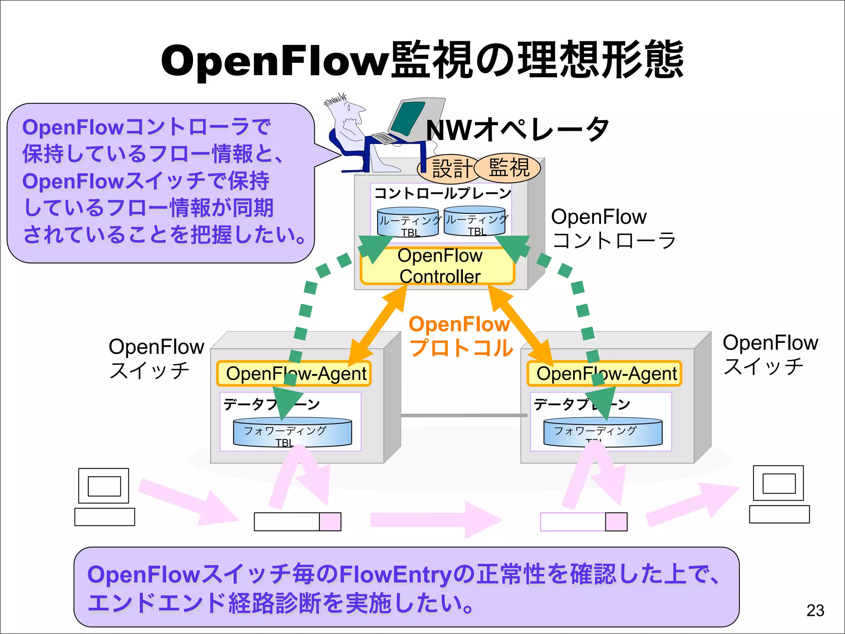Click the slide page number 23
click(815, 610)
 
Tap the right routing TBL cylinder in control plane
click(477, 221)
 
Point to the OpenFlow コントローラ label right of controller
click(613, 229)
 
